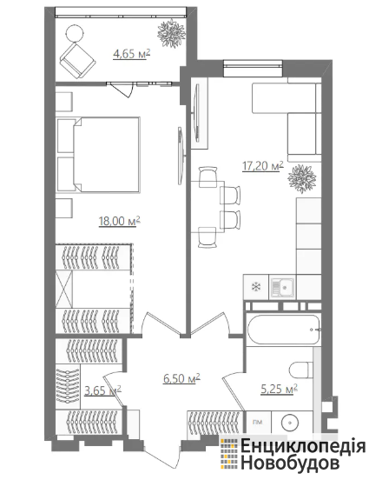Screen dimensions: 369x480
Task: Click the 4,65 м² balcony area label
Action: point(132,54)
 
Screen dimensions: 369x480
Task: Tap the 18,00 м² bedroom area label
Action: point(120,221)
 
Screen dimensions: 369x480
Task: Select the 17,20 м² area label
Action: point(263,166)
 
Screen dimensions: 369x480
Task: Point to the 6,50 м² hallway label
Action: point(181,378)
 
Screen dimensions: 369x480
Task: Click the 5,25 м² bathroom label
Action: point(279,390)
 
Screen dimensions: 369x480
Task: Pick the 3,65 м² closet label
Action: point(102,390)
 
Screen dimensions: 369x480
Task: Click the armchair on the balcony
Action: point(78,60)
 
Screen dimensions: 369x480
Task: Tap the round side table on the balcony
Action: point(75,33)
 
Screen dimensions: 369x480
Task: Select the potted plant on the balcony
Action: point(170,33)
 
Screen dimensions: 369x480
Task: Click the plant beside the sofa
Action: point(302,179)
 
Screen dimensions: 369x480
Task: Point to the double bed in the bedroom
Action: point(98,155)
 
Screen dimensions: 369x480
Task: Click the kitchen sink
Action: point(282,287)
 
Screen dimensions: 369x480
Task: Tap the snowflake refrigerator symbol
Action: point(255,287)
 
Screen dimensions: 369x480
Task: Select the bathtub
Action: point(283,330)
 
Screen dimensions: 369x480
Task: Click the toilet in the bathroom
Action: point(301,370)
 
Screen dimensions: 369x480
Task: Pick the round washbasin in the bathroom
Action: point(289,423)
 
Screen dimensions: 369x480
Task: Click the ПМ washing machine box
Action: point(259,422)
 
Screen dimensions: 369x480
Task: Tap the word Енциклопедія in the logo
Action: point(303,447)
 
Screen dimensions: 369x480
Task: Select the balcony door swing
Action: point(122,90)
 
